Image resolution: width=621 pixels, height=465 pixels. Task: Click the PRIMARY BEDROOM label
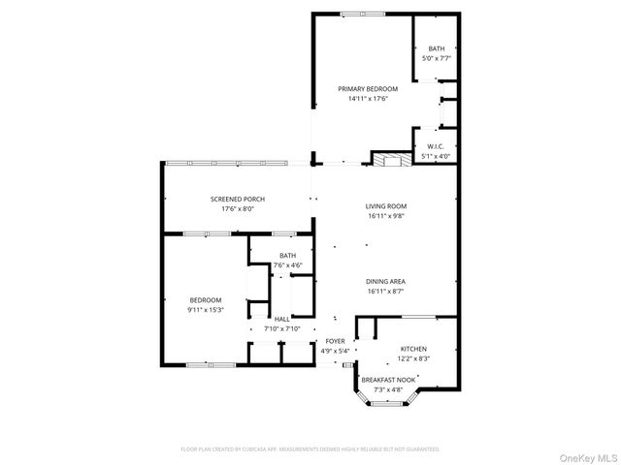click(x=368, y=88)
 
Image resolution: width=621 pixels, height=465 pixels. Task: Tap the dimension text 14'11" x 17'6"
click(x=368, y=98)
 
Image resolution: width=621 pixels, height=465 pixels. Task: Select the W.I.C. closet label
click(x=436, y=146)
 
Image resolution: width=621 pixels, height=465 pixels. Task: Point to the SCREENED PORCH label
click(x=237, y=199)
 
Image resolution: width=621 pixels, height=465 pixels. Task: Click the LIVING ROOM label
click(x=385, y=205)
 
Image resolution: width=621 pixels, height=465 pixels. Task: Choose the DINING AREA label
click(x=385, y=281)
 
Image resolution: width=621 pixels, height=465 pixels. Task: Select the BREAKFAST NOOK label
click(x=389, y=380)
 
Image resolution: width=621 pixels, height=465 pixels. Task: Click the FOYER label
click(x=335, y=341)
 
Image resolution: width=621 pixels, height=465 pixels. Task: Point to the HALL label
click(x=281, y=319)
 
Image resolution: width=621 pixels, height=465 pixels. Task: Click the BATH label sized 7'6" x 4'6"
click(x=288, y=256)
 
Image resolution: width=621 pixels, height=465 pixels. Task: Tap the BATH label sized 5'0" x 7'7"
click(x=437, y=48)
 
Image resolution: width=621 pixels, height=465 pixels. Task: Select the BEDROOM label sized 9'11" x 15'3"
click(x=206, y=300)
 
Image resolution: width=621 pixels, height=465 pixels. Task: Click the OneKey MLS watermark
click(x=585, y=455)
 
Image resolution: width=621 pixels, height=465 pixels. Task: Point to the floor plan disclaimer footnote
click(x=310, y=449)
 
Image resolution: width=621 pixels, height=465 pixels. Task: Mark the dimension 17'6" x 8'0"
click(x=237, y=208)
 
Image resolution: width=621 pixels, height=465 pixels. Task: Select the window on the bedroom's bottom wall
click(x=204, y=364)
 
